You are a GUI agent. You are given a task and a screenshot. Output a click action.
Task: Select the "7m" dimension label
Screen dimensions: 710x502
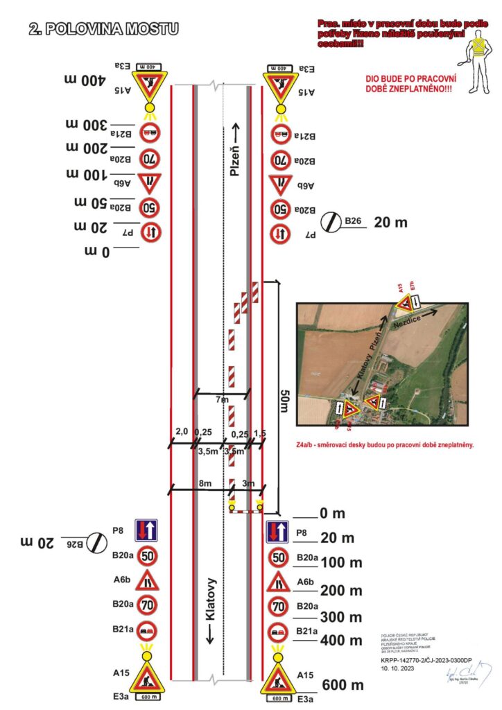coord(222,400)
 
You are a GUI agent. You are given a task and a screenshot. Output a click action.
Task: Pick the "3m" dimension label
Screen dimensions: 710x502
coord(247,483)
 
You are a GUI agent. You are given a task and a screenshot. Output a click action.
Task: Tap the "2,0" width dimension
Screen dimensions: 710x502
coord(182,432)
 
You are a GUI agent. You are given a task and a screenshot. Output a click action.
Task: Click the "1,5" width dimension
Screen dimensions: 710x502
coord(260,433)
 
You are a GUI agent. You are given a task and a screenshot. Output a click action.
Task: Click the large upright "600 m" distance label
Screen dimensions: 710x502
coord(343,685)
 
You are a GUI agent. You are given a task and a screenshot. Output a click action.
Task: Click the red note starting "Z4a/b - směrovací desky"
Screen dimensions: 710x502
coord(385,445)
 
